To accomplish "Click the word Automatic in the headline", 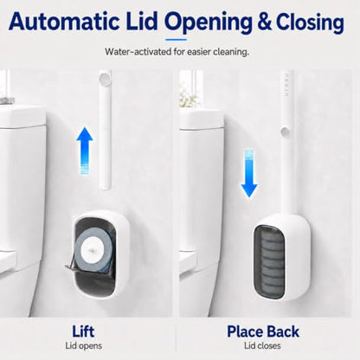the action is pyautogui.click(x=64, y=22).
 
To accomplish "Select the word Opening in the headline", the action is pyautogui.click(x=209, y=23).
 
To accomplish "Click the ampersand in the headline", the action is pyautogui.click(x=265, y=22).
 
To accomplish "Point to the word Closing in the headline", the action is pyautogui.click(x=311, y=23).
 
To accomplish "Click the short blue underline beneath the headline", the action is pyautogui.click(x=177, y=40).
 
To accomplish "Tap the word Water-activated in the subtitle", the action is pyautogui.click(x=138, y=52).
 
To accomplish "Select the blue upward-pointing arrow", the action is pyautogui.click(x=85, y=151).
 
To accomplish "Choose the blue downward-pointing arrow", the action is pyautogui.click(x=249, y=174).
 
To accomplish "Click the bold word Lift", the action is pyautogui.click(x=83, y=331).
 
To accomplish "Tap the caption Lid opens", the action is pyautogui.click(x=84, y=345).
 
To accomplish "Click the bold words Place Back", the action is pyautogui.click(x=263, y=331).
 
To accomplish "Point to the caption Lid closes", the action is pyautogui.click(x=262, y=345).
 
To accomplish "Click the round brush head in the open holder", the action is pyautogui.click(x=93, y=249).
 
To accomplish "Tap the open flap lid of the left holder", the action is pyautogui.click(x=72, y=266).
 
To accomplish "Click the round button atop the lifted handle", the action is pyautogui.click(x=105, y=79).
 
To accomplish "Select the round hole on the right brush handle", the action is pyautogui.click(x=285, y=132).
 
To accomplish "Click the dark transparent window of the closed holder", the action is pyautogui.click(x=269, y=261).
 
